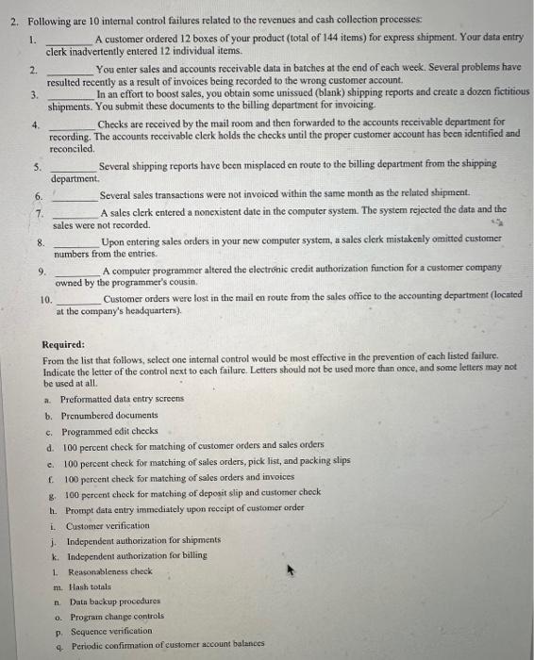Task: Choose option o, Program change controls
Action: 117,616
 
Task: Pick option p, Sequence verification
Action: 108,631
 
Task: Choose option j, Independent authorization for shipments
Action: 142,541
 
